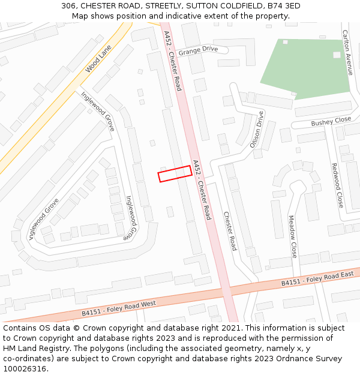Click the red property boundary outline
point(175,173)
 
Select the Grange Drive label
point(197,50)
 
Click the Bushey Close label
point(331,122)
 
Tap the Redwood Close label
point(337,185)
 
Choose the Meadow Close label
point(293,236)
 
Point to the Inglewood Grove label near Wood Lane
point(98,112)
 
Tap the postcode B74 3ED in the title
point(284,6)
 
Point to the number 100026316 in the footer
point(25,368)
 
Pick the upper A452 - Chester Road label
point(172,61)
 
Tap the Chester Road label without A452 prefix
point(230,231)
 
